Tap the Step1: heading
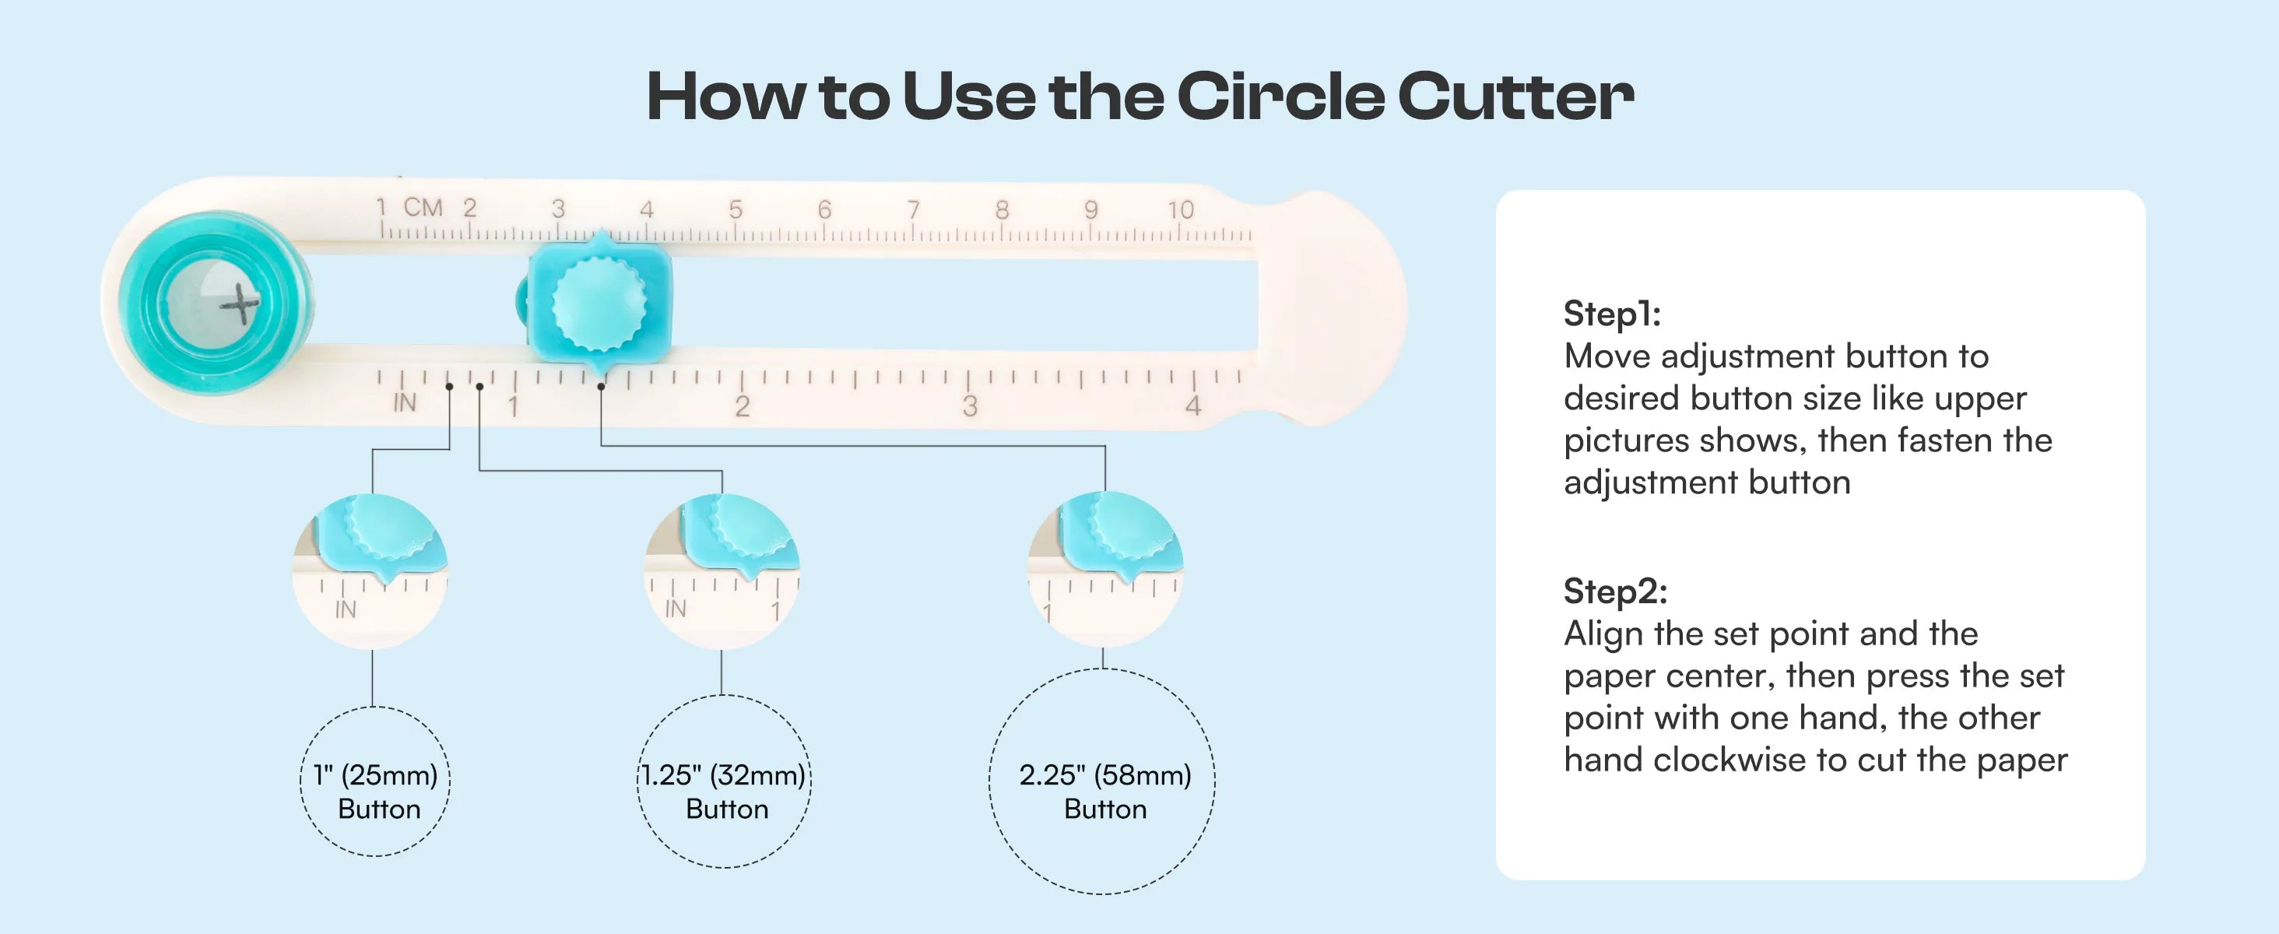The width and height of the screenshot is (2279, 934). [1612, 314]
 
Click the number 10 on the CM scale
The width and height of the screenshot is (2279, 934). [1180, 209]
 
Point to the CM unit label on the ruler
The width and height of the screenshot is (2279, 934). [423, 207]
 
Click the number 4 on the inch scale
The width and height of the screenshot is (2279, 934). [1192, 406]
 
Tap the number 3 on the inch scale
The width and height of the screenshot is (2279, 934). [970, 406]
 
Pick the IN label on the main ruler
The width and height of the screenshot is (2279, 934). [404, 403]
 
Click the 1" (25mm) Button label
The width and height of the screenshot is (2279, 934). [377, 792]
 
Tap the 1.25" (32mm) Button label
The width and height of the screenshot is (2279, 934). [724, 792]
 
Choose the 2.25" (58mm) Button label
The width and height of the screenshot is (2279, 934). [1105, 792]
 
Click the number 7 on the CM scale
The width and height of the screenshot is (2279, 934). [913, 209]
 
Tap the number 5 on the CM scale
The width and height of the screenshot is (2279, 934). [736, 209]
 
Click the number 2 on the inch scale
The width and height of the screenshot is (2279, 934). [743, 406]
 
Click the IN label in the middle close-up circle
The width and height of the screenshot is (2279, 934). [675, 609]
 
